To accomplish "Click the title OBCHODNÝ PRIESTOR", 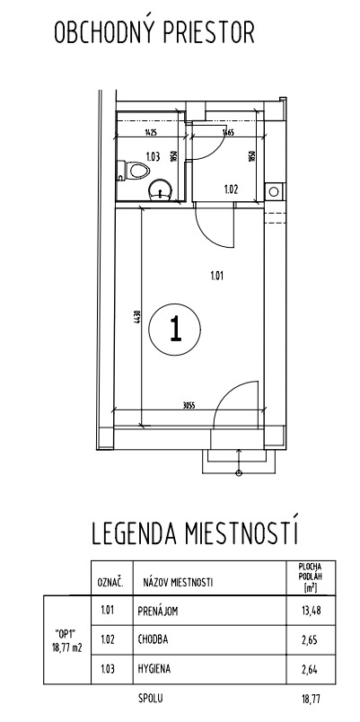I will click(x=154, y=34).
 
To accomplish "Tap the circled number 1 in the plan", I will click(x=174, y=330).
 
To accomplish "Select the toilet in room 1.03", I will click(x=135, y=170).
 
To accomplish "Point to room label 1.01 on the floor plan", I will click(x=215, y=276).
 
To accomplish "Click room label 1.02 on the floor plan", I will click(x=231, y=189).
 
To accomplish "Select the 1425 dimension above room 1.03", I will click(x=150, y=133).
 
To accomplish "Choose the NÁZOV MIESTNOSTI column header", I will click(x=178, y=583).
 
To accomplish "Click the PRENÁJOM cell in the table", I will click(x=164, y=613).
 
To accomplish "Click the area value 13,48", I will click(x=310, y=613).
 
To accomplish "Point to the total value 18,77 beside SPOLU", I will click(x=310, y=697).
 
